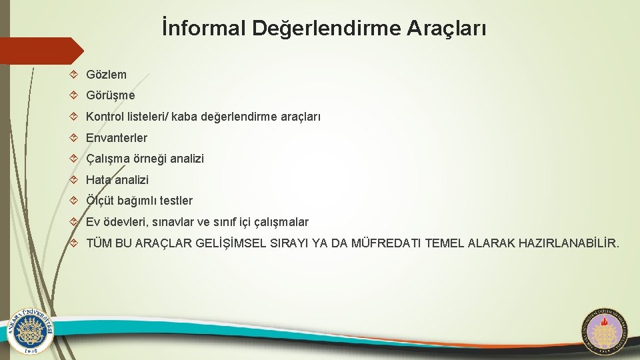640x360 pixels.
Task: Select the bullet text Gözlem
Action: [106, 75]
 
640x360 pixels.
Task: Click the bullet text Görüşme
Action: [110, 95]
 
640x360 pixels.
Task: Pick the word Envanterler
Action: [117, 138]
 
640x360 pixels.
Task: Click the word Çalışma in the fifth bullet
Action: [108, 159]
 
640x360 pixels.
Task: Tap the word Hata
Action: [99, 180]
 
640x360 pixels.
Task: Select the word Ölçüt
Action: [100, 201]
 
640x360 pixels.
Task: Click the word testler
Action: [175, 201]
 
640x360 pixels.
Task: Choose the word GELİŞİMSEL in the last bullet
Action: [231, 244]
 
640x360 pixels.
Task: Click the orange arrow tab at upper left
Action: [40, 51]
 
